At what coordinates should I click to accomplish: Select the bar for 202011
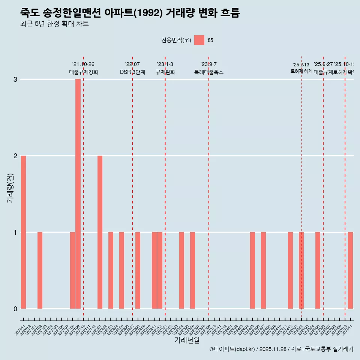pos(23,232)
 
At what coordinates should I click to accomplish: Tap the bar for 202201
pos(100,232)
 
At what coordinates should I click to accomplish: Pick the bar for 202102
pos(40,270)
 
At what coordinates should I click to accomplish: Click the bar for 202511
pos(350,270)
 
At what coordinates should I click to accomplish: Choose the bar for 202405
pos(252,270)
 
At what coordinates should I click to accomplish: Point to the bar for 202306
pos(192,270)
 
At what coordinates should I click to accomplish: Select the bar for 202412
pos(290,270)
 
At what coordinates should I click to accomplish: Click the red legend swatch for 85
pos(199,40)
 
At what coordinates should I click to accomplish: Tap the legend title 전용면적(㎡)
pos(176,40)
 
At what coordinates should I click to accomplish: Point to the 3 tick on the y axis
pos(15,79)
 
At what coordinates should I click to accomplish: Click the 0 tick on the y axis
pos(15,309)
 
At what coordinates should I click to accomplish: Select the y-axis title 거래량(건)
pos(10,188)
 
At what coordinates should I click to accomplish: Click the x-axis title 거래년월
pos(187,340)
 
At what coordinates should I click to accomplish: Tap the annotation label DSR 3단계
pos(132,72)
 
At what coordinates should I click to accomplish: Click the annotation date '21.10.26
pos(83,64)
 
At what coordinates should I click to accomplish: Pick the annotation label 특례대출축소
pos(208,72)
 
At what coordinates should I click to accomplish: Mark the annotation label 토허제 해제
pos(301,71)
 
